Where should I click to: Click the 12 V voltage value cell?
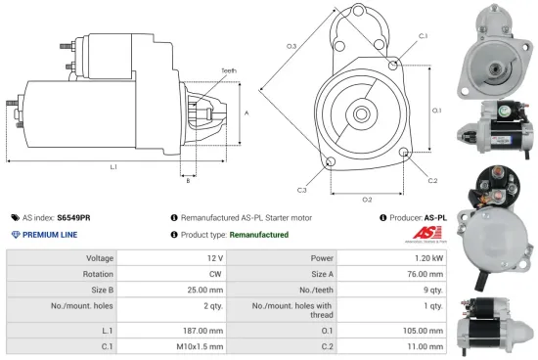coord(215,259)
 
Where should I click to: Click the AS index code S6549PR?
coord(73,217)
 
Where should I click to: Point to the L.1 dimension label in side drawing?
coord(113,167)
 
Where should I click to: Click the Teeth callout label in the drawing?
coord(229,70)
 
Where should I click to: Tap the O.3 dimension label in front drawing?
coord(291,46)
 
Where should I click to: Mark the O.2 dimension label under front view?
coord(367,200)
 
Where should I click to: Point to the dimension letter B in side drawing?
coord(188,180)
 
